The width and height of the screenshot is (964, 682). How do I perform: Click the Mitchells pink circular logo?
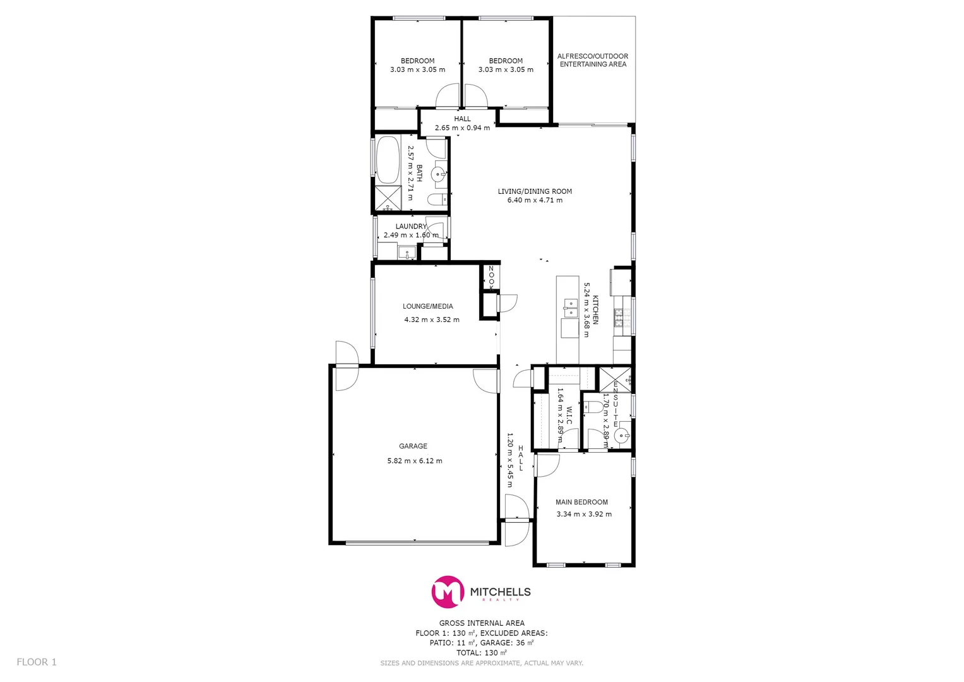(x=448, y=592)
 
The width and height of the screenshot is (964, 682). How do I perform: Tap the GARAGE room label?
(x=413, y=446)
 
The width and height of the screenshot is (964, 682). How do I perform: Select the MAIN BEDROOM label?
(x=581, y=502)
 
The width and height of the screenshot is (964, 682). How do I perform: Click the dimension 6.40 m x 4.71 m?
(x=535, y=200)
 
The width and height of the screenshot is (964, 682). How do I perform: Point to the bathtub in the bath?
(x=387, y=160)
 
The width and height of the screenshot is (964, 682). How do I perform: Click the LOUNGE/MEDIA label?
(x=428, y=306)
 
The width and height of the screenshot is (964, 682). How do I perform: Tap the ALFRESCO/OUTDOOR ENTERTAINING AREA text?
(x=593, y=60)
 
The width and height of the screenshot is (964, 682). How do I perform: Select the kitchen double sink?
(x=570, y=308)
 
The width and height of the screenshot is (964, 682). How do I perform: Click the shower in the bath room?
(x=388, y=198)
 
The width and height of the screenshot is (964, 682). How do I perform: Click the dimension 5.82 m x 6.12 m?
(x=415, y=461)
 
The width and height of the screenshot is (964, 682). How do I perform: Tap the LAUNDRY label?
(x=411, y=226)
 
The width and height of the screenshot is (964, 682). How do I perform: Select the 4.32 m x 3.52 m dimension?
(x=432, y=320)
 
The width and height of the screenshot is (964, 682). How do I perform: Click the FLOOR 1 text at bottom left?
(x=37, y=662)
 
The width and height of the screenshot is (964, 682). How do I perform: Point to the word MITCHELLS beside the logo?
(x=500, y=592)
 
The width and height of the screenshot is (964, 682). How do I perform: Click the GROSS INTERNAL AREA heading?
(x=482, y=623)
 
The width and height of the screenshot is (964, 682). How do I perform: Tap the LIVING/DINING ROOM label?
(x=535, y=191)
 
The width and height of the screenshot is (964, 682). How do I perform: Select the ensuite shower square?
(x=614, y=379)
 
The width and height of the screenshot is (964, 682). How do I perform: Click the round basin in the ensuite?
(x=622, y=435)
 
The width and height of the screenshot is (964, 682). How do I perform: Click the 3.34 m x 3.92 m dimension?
(x=584, y=514)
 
